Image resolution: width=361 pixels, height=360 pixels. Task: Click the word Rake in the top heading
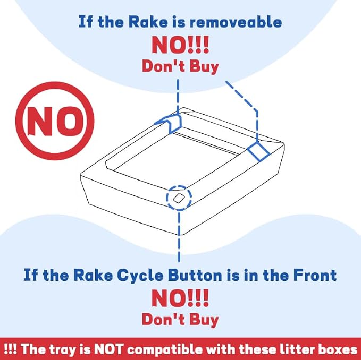tap(148, 22)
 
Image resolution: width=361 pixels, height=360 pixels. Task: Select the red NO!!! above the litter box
tap(180, 45)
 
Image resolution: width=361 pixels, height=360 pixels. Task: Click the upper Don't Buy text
tap(180, 67)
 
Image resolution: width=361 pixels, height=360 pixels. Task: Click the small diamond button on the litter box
tap(179, 198)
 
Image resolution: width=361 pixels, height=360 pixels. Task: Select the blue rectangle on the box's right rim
tap(258, 151)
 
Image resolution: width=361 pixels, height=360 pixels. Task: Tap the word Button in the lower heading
tap(195, 275)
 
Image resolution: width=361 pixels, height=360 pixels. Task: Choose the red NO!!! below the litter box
tap(180, 298)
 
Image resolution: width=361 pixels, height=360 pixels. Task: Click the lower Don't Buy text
tap(180, 320)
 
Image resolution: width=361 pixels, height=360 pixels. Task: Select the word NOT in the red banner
tap(108, 349)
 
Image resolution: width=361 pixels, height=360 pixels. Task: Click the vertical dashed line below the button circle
tap(179, 237)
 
